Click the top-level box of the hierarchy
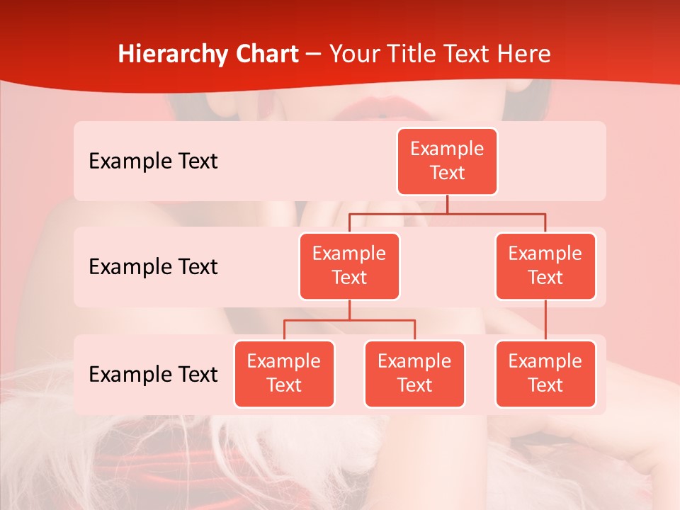(447, 161)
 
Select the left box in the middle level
(349, 266)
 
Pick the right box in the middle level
(545, 266)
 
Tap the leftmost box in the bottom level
(284, 374)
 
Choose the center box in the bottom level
(414, 374)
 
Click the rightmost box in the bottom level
(545, 374)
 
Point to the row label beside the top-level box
(153, 161)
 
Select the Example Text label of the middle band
(153, 267)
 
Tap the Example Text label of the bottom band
(153, 375)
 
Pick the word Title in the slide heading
(414, 54)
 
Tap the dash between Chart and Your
(314, 55)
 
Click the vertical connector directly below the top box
(447, 204)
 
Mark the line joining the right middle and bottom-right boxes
(545, 320)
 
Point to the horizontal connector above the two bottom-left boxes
(349, 320)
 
